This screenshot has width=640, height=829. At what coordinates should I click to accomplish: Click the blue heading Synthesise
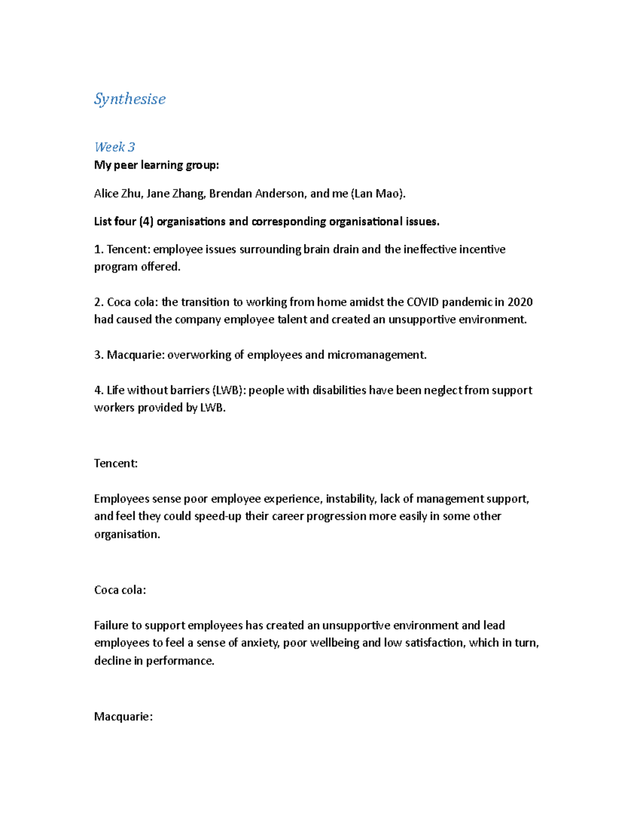tap(130, 99)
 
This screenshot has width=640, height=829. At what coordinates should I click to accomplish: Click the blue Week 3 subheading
tap(115, 147)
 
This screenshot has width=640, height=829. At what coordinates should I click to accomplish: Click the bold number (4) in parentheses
tap(146, 222)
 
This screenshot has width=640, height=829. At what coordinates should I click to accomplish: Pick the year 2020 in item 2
tap(520, 302)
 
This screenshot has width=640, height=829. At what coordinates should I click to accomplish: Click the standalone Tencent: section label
tap(116, 463)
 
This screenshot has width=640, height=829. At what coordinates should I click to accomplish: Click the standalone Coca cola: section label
tap(120, 590)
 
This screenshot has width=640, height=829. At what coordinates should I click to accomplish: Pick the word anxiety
tap(259, 643)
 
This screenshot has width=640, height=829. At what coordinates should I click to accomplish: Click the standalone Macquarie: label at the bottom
tap(123, 716)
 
